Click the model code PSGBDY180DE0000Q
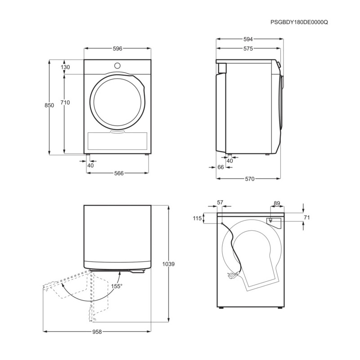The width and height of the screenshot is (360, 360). [x=299, y=22]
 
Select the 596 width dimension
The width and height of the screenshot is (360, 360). [x=117, y=49]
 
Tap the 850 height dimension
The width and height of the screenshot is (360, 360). [x=49, y=105]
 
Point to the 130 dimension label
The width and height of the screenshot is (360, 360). [x=65, y=67]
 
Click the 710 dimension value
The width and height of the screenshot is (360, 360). [x=65, y=102]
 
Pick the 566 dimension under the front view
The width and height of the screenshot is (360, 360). [x=119, y=173]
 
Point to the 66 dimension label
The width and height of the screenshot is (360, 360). [x=220, y=167]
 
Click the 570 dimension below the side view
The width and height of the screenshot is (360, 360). [x=250, y=179]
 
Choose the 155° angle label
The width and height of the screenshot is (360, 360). [x=117, y=286]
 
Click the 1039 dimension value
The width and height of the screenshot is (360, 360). [x=168, y=264]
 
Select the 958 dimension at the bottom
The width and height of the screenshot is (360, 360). [x=98, y=332]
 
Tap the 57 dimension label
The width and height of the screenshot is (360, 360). [x=220, y=203]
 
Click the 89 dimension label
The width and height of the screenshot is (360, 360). [x=277, y=203]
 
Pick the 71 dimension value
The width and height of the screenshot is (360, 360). [x=307, y=217]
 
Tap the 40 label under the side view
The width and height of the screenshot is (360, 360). [x=230, y=161]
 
